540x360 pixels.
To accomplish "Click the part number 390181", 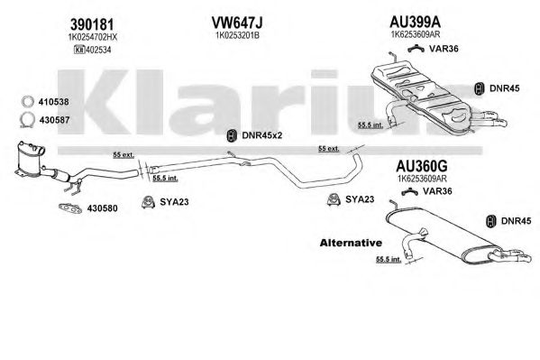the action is click(92, 24).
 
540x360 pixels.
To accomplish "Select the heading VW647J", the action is click(237, 23).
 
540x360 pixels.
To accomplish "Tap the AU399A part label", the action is click(415, 22).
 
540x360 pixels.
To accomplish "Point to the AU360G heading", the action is click(422, 166).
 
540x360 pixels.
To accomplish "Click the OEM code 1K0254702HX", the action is click(93, 37).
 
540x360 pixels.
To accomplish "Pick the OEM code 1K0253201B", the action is click(237, 35).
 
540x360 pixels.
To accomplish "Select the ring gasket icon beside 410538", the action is click(28, 101).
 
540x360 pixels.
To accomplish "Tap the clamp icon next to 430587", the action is click(27, 120).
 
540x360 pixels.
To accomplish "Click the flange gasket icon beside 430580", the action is click(70, 208).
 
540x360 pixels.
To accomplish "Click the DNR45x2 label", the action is click(261, 135).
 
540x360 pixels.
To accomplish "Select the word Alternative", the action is click(351, 243).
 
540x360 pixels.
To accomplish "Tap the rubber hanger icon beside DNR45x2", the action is click(232, 135).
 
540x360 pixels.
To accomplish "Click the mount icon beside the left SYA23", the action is click(148, 202).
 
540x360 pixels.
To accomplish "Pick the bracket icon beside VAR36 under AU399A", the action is click(416, 49).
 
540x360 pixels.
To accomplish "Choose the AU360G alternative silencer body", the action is click(444, 238).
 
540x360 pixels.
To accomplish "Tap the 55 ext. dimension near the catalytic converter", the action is click(124, 155).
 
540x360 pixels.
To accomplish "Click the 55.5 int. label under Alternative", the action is click(389, 259).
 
